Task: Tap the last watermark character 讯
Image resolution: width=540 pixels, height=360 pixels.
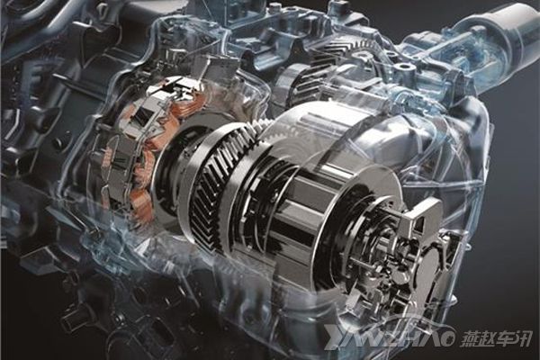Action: (523, 338)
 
